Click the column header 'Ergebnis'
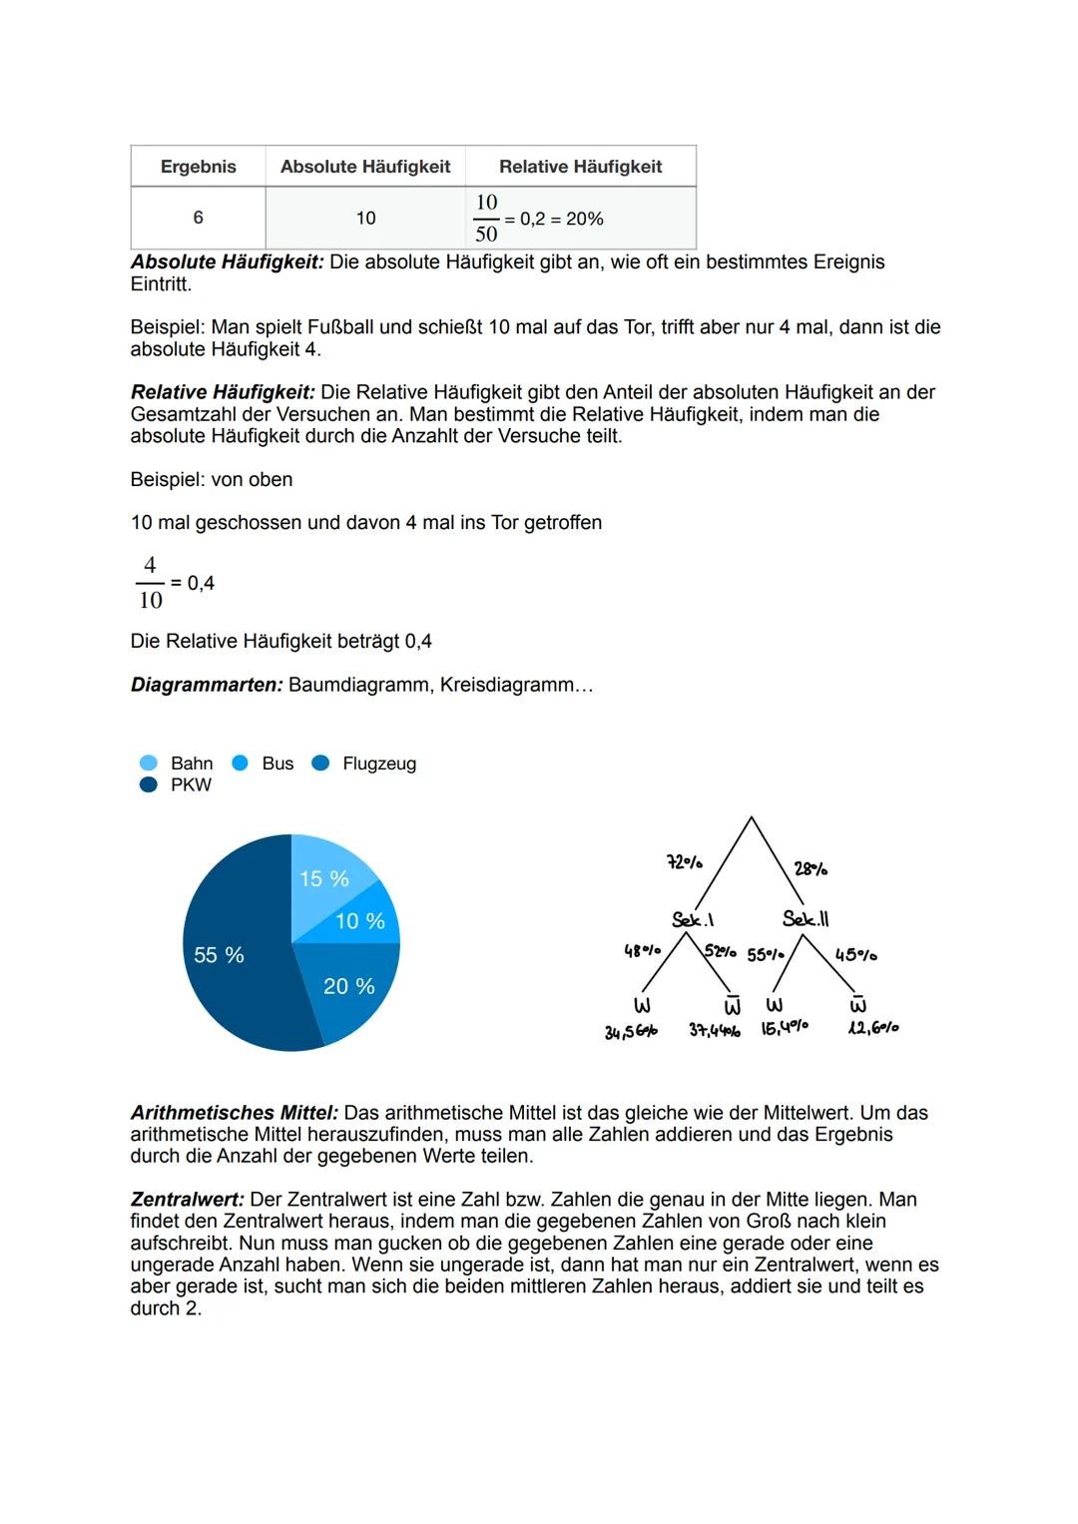[198, 167]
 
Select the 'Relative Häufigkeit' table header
[580, 167]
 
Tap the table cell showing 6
[198, 218]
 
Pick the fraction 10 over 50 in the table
[486, 218]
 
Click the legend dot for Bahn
[149, 763]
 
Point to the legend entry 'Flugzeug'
[378, 763]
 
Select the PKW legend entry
[190, 785]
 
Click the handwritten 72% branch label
[685, 861]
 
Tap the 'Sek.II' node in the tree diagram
[806, 918]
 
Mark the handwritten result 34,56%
[631, 1031]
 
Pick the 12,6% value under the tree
[873, 1028]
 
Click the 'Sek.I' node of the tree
[692, 919]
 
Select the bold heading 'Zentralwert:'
[187, 1200]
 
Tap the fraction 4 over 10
[150, 583]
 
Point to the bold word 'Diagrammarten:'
[207, 686]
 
